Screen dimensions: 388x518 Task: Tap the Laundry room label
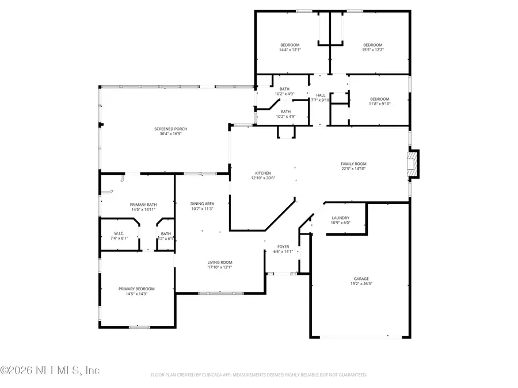(x=341, y=218)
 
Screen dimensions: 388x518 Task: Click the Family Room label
(x=353, y=164)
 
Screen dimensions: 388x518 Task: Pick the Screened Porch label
(x=170, y=129)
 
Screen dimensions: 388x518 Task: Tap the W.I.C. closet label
(x=119, y=233)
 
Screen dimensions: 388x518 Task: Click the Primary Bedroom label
(x=136, y=289)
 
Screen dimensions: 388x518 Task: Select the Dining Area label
(x=202, y=203)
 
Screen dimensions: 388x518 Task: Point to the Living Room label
(x=220, y=262)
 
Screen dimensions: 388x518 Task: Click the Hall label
(x=320, y=95)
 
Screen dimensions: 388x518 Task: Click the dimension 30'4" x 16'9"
(x=170, y=134)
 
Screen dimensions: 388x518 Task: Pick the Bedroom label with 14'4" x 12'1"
(x=290, y=45)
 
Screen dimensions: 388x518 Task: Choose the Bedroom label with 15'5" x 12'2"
(x=372, y=45)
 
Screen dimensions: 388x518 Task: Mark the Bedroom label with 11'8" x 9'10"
(x=379, y=99)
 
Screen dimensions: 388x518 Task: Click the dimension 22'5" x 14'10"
(x=353, y=169)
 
